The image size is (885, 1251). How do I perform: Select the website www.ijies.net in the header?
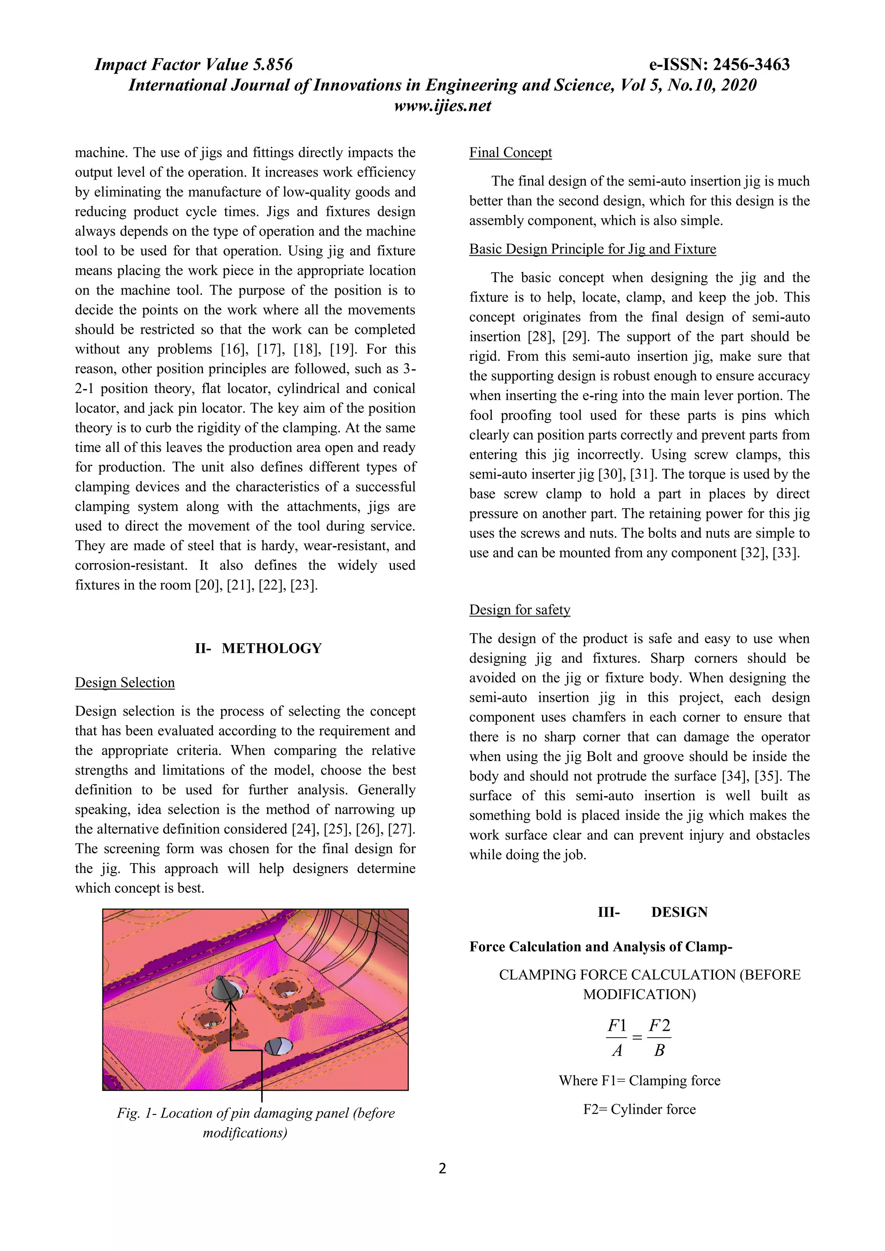442,106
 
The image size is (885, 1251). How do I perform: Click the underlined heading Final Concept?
511,152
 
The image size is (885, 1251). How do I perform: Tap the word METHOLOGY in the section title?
271,648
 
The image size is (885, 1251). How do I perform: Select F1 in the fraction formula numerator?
617,1026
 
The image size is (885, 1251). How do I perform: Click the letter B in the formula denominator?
659,1050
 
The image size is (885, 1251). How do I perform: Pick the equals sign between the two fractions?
637,1038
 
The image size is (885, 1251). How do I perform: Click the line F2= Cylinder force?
639,1109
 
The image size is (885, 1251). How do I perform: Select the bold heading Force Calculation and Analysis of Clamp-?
601,946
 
